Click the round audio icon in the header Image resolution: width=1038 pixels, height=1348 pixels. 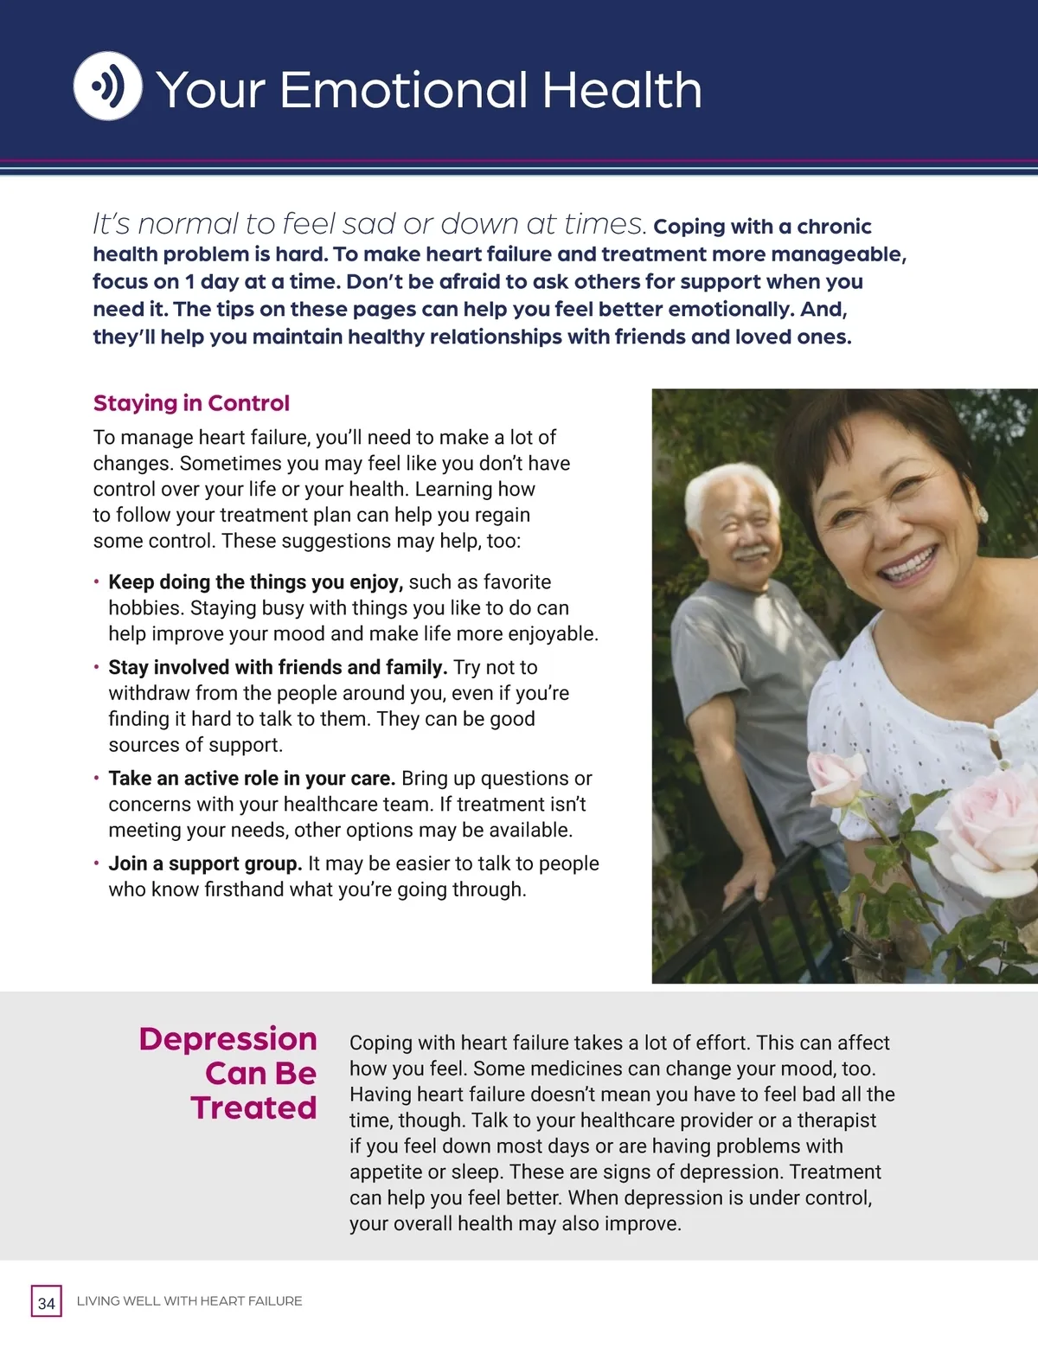(107, 86)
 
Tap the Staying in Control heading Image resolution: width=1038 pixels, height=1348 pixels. (191, 403)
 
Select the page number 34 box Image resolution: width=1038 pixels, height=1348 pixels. (47, 1302)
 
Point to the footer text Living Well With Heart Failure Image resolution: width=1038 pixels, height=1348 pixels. (189, 1301)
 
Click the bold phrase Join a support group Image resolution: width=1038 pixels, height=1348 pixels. (205, 863)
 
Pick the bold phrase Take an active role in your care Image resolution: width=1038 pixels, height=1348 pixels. (252, 779)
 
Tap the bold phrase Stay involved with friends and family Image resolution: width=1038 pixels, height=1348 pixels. (278, 668)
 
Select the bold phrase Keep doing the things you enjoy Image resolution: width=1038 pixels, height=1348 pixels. (256, 582)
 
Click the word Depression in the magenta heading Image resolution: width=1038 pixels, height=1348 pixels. (228, 1038)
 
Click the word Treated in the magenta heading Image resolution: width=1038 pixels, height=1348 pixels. (254, 1107)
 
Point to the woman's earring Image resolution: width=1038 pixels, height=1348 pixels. (982, 514)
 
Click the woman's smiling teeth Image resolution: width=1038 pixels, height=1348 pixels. (908, 566)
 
